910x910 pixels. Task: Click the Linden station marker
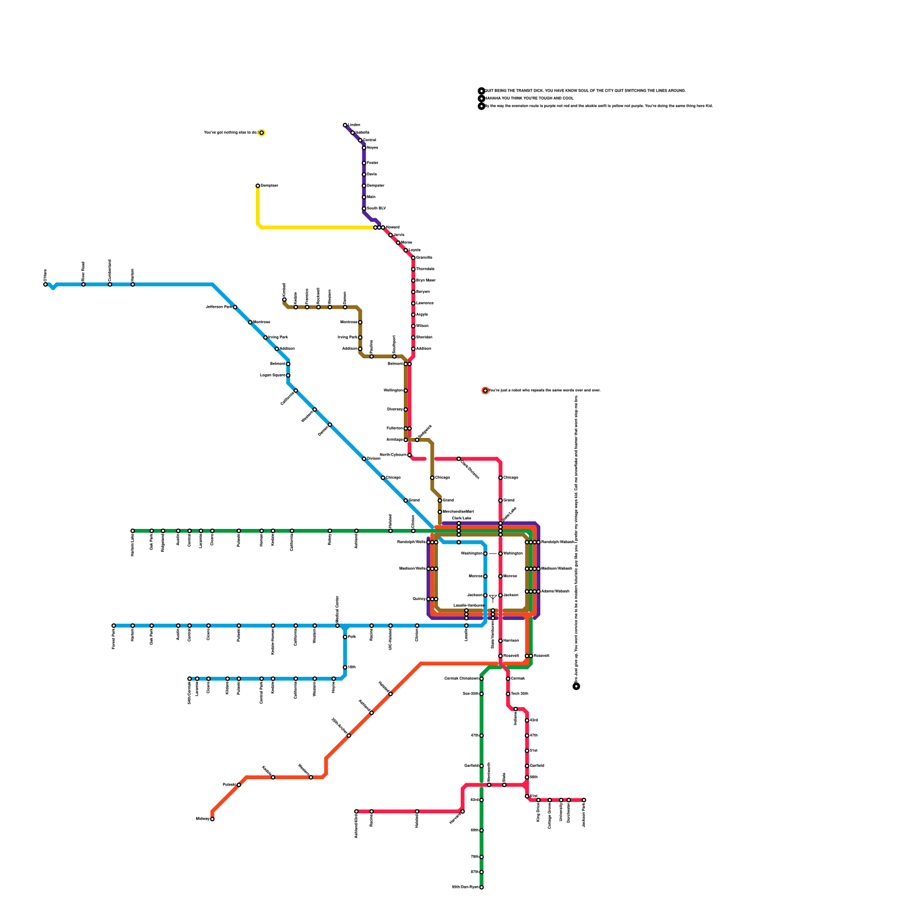point(345,125)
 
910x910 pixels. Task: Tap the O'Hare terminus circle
point(45,284)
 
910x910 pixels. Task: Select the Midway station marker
point(212,819)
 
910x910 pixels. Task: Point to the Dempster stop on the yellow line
point(258,185)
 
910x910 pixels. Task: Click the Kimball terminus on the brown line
point(284,299)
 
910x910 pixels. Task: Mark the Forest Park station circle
point(114,626)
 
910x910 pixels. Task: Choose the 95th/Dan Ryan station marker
point(481,887)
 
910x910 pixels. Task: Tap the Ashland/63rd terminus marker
point(357,812)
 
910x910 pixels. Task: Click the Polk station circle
point(345,637)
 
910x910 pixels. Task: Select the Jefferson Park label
point(218,307)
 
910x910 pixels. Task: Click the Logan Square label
point(272,375)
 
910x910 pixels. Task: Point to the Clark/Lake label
point(461,518)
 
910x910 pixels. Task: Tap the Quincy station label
point(419,599)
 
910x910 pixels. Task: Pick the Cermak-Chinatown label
point(461,679)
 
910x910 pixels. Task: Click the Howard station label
point(392,227)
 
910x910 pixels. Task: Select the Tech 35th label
point(519,694)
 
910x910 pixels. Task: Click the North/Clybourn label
point(393,455)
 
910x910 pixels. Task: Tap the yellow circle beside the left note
point(262,133)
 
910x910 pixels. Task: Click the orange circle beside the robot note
point(485,391)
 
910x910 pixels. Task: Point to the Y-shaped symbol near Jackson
point(493,598)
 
